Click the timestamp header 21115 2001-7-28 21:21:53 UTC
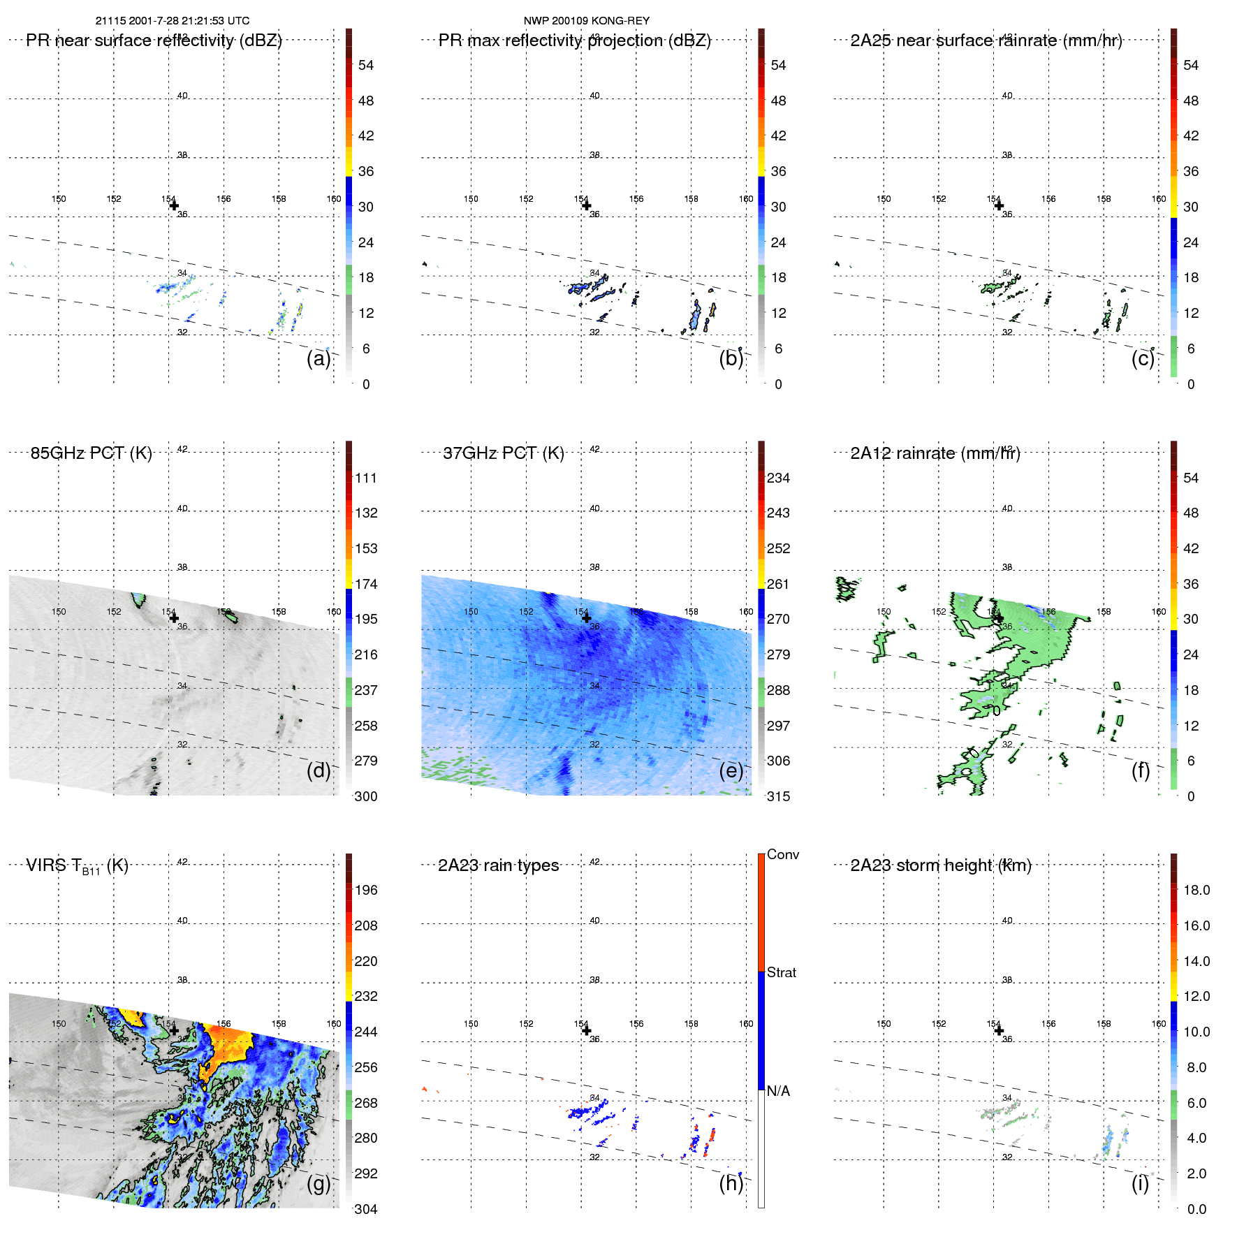click(173, 21)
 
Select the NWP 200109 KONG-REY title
click(586, 21)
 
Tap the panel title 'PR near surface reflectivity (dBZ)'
click(154, 41)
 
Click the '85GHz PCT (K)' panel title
click(91, 453)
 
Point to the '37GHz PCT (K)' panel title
click(503, 453)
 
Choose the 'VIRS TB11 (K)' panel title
click(77, 866)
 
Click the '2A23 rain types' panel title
click(498, 865)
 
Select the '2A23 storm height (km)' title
click(940, 865)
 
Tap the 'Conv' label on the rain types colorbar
click(782, 854)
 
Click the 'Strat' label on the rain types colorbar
click(781, 972)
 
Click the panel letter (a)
click(319, 358)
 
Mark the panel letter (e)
click(731, 770)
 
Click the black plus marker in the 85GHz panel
click(174, 618)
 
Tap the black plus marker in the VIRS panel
click(174, 1030)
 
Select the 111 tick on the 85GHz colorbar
click(365, 478)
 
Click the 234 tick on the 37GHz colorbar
click(778, 478)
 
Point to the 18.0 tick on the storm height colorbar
click(1196, 890)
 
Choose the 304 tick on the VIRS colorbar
click(365, 1209)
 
